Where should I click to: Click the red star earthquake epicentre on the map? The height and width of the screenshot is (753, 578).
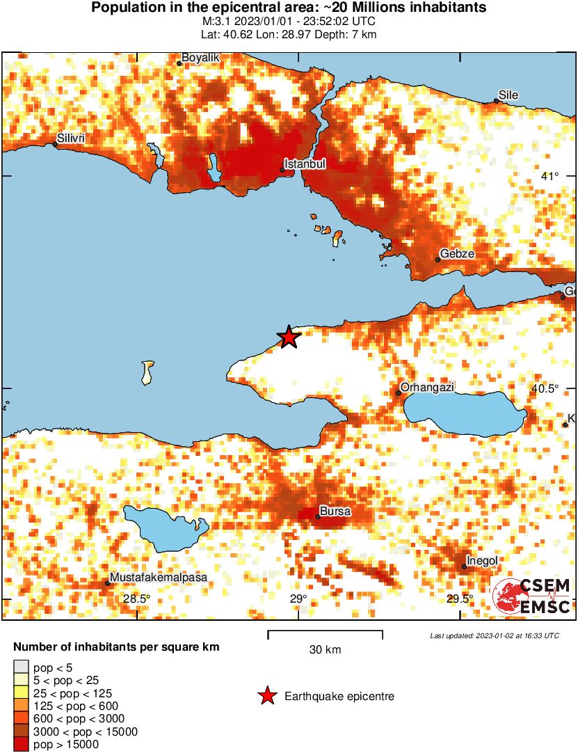click(289, 338)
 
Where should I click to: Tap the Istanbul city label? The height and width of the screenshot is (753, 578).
click(305, 164)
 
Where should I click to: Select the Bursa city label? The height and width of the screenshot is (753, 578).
click(335, 512)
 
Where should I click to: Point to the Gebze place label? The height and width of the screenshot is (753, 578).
click(457, 254)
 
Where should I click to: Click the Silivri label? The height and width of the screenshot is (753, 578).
click(71, 138)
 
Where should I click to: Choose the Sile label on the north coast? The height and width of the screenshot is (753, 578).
click(508, 95)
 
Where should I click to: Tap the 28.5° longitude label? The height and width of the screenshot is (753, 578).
click(137, 599)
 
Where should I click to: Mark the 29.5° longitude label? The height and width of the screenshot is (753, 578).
click(460, 599)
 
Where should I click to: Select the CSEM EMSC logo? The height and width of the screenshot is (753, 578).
click(531, 597)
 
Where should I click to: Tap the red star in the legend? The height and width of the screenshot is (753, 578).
click(266, 696)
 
